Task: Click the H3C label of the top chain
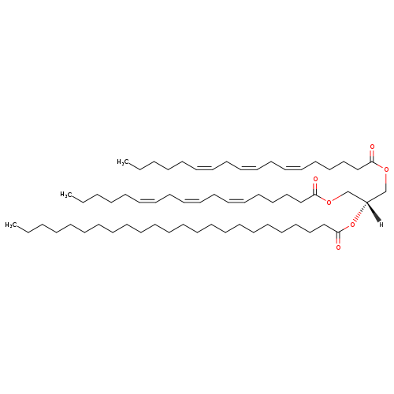coord(122,162)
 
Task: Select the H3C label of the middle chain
coord(65,195)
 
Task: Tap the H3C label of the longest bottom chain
coord(11,225)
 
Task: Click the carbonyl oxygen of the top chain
coord(372,147)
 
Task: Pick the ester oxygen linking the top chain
coord(386,170)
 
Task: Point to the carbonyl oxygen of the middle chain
coord(315,180)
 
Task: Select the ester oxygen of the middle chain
coord(329,203)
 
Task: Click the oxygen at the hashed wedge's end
coord(352,225)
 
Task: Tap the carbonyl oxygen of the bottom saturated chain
coord(338,247)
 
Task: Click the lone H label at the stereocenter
coord(381,225)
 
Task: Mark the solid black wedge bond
coord(374,212)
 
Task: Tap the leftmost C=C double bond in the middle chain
coord(147,201)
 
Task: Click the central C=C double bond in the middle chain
coord(192,201)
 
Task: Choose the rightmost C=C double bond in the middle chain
coord(236,201)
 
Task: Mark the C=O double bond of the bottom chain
coord(338,238)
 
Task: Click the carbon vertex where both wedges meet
coord(367,203)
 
